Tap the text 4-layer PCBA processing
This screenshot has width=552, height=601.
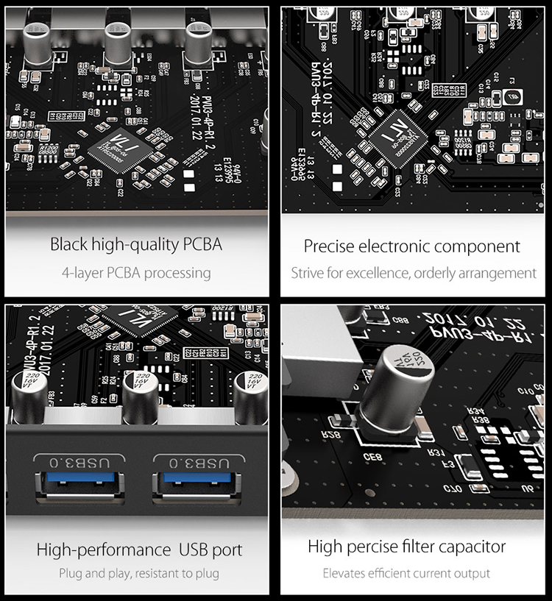tap(136, 273)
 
